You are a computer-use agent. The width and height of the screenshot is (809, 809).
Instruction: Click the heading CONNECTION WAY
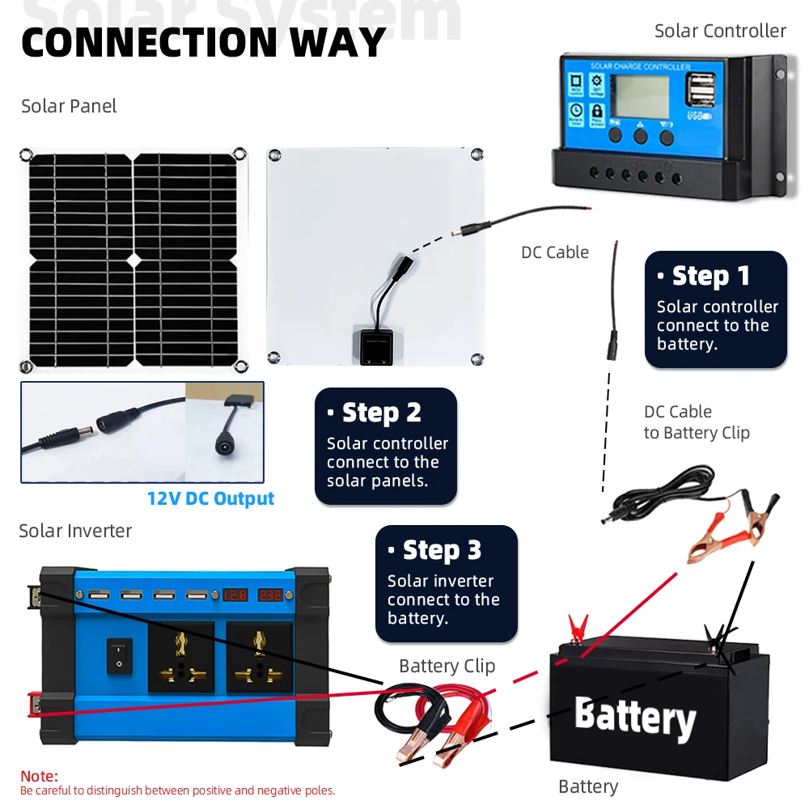click(x=203, y=42)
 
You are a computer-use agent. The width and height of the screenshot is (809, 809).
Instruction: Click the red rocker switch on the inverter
click(x=119, y=656)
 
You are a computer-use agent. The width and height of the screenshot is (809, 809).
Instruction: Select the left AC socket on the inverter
click(x=180, y=656)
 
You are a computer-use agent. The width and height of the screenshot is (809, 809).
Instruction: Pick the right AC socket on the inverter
click(x=259, y=656)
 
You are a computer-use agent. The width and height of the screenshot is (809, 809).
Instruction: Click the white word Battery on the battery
click(x=635, y=718)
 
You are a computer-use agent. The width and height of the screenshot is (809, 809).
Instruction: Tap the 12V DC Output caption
click(x=210, y=498)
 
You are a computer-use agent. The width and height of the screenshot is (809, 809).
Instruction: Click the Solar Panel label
click(x=69, y=106)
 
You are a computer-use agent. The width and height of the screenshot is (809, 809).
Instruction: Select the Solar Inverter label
click(x=75, y=531)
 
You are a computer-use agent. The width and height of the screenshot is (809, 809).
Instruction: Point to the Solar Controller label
click(x=720, y=31)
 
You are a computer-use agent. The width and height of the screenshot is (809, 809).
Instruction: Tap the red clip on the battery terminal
click(x=578, y=628)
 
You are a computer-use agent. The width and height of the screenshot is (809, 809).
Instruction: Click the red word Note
click(x=39, y=777)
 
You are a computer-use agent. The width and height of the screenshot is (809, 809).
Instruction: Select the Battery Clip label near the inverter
click(x=447, y=667)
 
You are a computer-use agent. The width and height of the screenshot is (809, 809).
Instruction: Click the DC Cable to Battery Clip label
click(x=697, y=422)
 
